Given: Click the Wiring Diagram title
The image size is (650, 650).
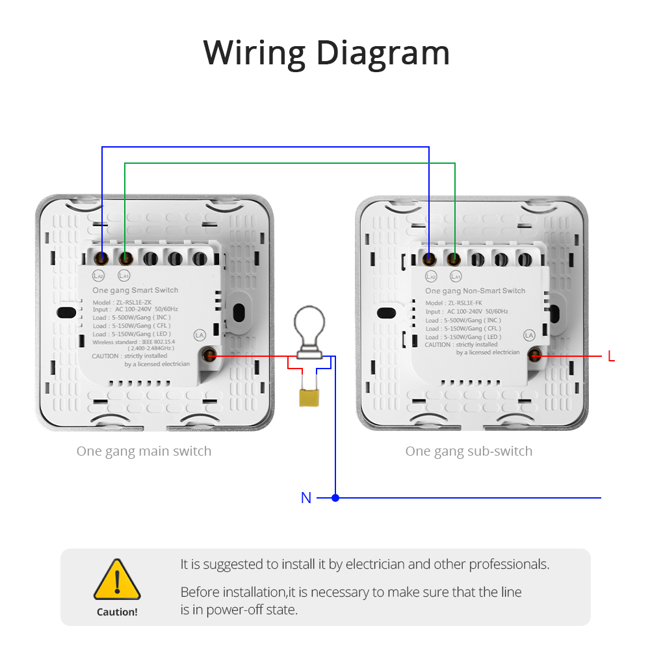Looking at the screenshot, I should pyautogui.click(x=326, y=53).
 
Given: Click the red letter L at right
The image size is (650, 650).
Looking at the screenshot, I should pyautogui.click(x=611, y=357).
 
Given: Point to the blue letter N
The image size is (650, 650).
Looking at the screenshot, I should pyautogui.click(x=306, y=498).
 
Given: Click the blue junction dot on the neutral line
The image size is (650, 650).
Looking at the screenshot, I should pyautogui.click(x=335, y=498).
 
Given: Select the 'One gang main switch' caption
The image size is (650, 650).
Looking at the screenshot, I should pyautogui.click(x=144, y=451).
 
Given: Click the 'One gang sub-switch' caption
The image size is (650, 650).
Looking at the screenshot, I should pyautogui.click(x=469, y=451).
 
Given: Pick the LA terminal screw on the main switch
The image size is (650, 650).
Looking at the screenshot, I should pyautogui.click(x=210, y=355).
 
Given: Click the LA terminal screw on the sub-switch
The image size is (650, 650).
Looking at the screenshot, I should pyautogui.click(x=535, y=354).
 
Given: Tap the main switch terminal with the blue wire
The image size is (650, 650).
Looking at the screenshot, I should pyautogui.click(x=101, y=259).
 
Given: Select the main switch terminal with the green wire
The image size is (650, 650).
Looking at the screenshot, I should pyautogui.click(x=125, y=259).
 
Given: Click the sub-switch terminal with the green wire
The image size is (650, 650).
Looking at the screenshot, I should pyautogui.click(x=454, y=259).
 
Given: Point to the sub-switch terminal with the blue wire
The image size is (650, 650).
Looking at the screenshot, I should pyautogui.click(x=430, y=259).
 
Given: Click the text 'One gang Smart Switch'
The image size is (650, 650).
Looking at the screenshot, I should pyautogui.click(x=135, y=290).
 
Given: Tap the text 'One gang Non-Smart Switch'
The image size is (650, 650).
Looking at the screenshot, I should pyautogui.click(x=475, y=291).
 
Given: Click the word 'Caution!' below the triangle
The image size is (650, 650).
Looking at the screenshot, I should pyautogui.click(x=117, y=612).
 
